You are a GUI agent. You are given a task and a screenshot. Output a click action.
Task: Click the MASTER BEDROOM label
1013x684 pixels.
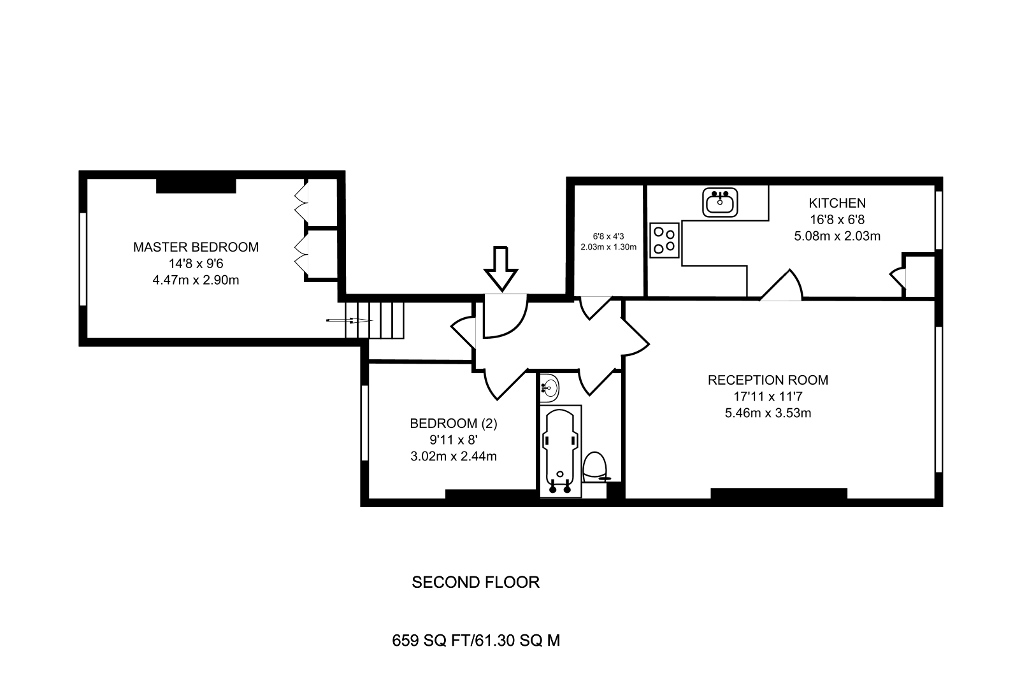tap(196, 247)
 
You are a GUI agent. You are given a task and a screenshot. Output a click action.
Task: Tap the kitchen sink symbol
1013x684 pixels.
tap(720, 203)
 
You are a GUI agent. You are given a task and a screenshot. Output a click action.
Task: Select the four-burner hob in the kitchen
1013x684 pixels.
tap(665, 241)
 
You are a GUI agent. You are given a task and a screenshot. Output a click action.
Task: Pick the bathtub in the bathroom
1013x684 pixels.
tap(560, 451)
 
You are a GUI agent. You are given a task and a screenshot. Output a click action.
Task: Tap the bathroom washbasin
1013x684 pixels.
tap(549, 388)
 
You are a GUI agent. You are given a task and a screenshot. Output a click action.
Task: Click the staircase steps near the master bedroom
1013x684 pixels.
tap(375, 320)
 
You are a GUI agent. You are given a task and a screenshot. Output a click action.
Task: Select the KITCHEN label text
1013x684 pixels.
tap(837, 203)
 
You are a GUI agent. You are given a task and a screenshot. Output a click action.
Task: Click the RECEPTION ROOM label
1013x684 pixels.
tap(768, 380)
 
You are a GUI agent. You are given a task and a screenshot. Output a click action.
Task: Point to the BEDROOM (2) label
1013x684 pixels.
tap(454, 424)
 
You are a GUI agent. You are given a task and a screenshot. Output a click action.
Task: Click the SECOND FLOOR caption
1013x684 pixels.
tap(476, 582)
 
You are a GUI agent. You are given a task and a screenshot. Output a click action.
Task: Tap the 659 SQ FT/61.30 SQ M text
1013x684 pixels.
tap(476, 641)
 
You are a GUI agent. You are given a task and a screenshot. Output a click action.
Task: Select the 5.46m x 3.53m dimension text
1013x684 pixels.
tap(768, 413)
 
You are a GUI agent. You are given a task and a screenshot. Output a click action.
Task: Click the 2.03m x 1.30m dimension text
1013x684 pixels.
tap(608, 247)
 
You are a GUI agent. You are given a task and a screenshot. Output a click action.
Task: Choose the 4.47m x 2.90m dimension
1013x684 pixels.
tap(196, 280)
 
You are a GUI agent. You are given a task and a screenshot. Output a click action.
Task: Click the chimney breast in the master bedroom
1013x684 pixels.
tap(196, 186)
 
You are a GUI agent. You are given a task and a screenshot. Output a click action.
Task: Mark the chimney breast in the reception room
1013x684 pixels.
tap(779, 493)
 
